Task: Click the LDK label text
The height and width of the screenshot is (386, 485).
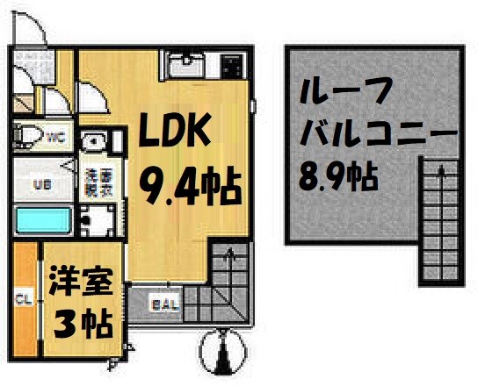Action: [x=175, y=132]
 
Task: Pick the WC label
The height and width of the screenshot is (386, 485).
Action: [x=54, y=137]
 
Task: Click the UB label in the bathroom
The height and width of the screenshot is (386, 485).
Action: [x=40, y=184]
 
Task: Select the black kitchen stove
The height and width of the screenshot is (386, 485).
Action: [x=231, y=66]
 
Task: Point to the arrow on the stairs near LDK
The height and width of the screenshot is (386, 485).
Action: [x=228, y=258]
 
